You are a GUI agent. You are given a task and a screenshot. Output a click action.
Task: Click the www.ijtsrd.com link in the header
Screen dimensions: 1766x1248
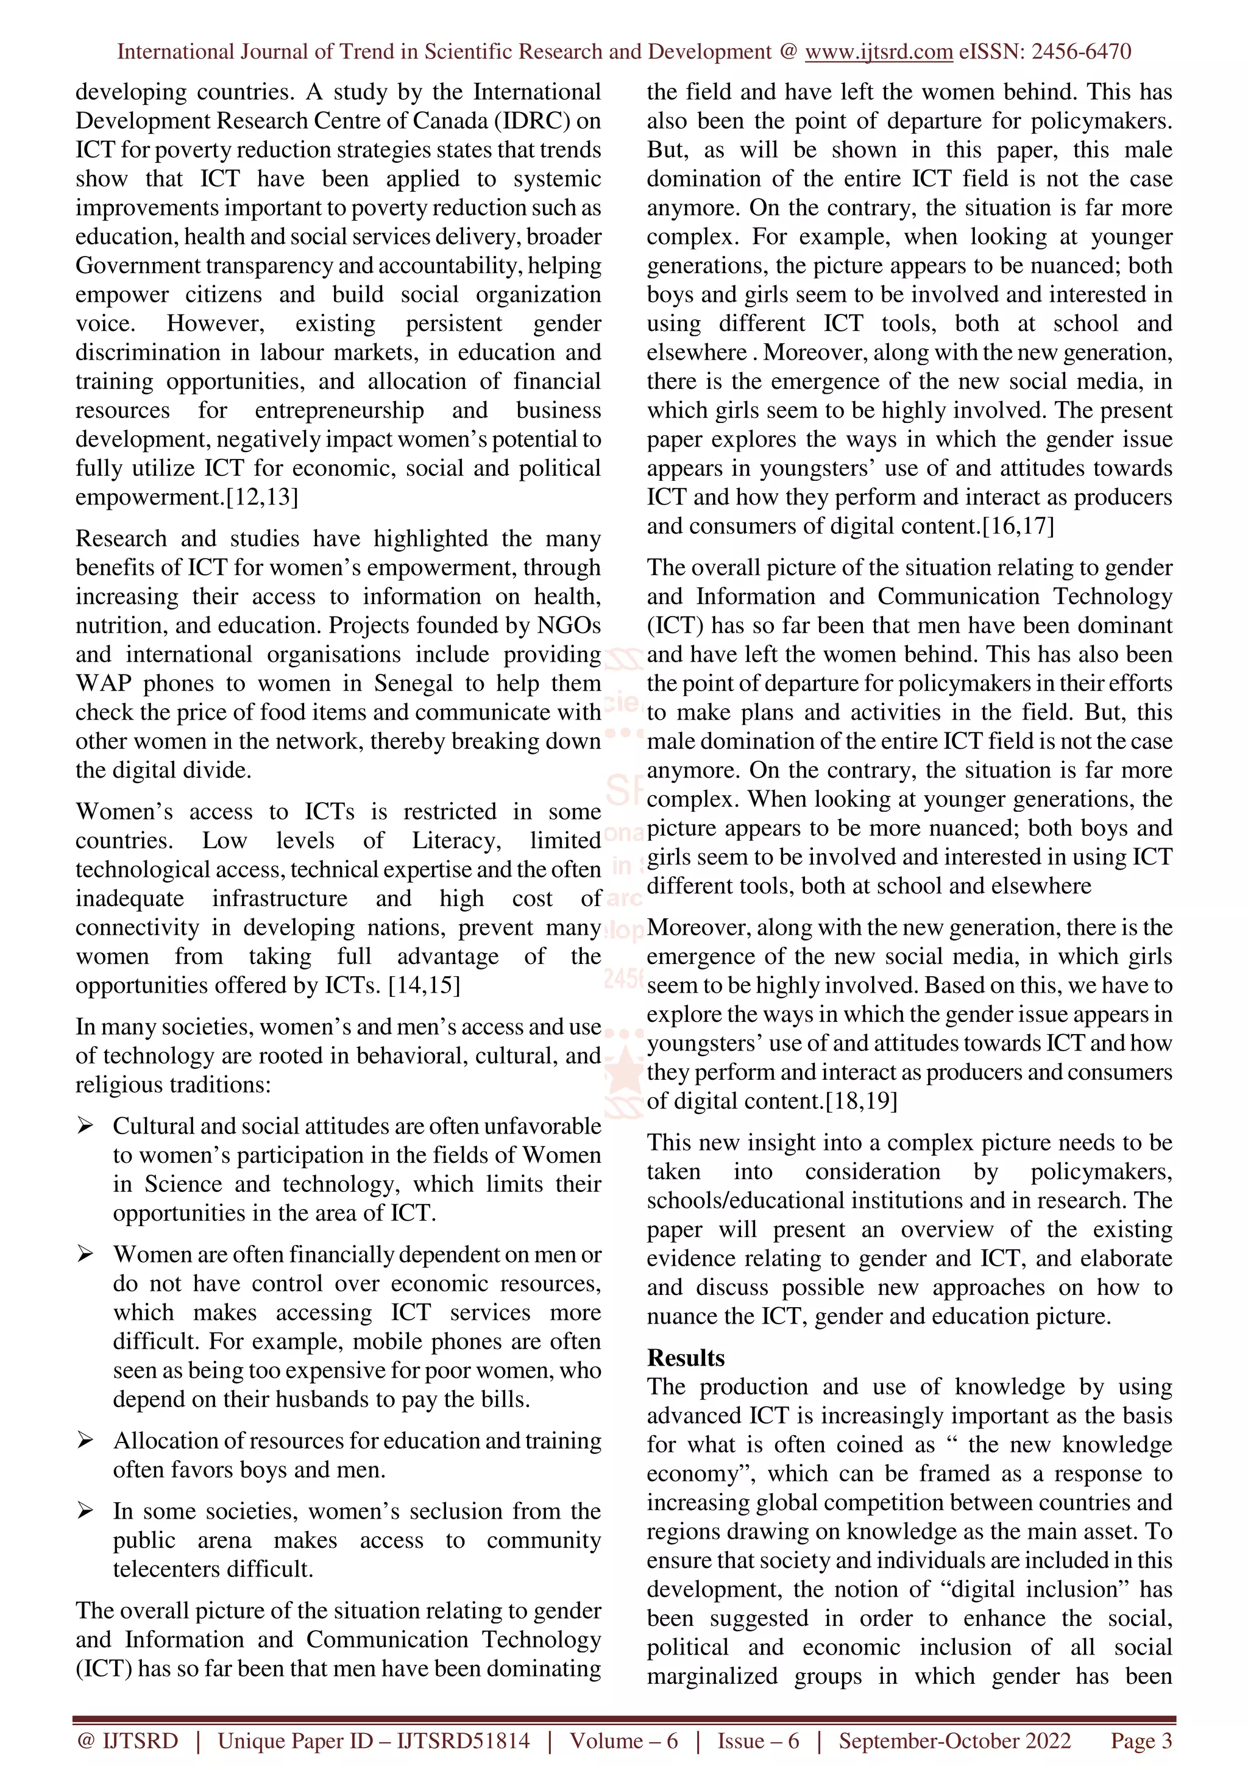[x=878, y=52]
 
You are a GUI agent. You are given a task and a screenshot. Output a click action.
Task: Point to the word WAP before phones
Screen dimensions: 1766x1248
[x=103, y=683]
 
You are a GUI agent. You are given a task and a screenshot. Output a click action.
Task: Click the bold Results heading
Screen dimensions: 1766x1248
[x=685, y=1358]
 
